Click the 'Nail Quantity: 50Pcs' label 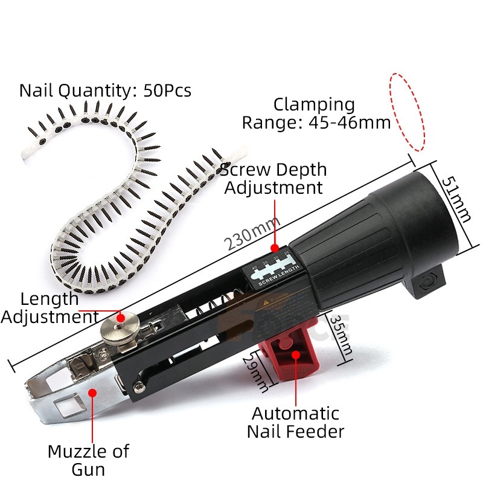(x=105, y=91)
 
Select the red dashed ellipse (x=407, y=112)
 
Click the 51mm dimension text (x=456, y=199)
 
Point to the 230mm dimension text (x=249, y=237)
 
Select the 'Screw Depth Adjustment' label (x=273, y=178)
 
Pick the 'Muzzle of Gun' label (x=89, y=459)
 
